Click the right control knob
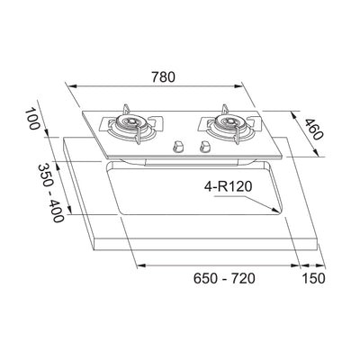click(x=205, y=143)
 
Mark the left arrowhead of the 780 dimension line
click(x=73, y=85)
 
